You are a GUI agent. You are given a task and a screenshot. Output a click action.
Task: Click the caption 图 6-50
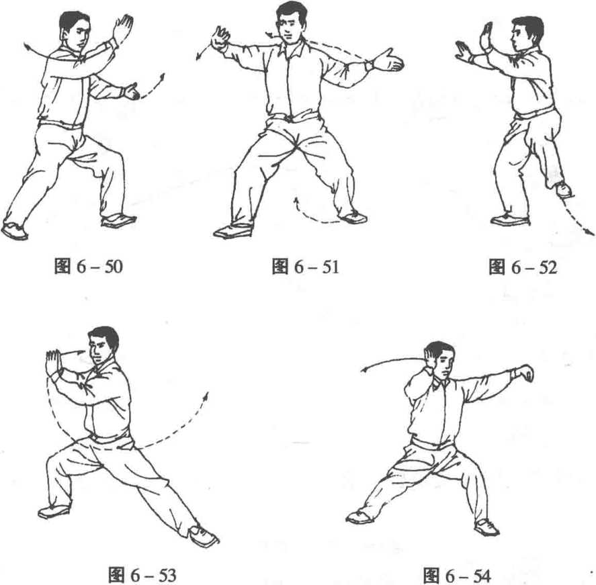[x=89, y=266]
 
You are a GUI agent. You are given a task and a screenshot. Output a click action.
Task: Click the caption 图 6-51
[x=305, y=266]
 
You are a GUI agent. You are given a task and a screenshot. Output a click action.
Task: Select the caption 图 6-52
[x=523, y=267]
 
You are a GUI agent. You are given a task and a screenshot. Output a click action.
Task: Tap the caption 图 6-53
[x=142, y=575]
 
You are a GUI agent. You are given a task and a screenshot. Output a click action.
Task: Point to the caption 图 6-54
[x=457, y=576]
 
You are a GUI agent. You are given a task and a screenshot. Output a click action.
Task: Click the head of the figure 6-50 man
[x=75, y=30]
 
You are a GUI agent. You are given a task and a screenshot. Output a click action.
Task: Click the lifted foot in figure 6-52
[x=563, y=189]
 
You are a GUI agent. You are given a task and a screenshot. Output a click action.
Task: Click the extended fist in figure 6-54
[x=525, y=373]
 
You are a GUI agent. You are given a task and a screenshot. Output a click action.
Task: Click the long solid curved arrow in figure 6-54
[x=392, y=361]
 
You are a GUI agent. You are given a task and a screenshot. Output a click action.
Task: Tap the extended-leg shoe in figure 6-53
[x=203, y=535]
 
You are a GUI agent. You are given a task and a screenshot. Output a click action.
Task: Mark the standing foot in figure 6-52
[x=510, y=220]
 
